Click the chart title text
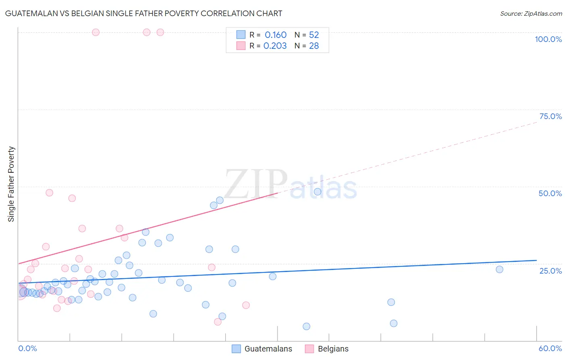pos(144,13)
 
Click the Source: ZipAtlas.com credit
pos(531,13)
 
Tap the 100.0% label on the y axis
pos(548,39)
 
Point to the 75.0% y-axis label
pos(550,116)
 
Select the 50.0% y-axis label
pos(550,193)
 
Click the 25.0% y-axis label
pos(550,271)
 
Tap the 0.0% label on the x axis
pos(27,348)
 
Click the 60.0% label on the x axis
pos(550,348)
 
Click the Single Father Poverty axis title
pos(11,184)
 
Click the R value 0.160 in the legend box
pos(275,35)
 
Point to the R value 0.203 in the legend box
pos(275,46)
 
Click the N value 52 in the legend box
pos(314,35)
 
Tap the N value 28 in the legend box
pos(314,46)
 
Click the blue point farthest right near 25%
pos(499,270)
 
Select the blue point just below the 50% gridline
pos(317,192)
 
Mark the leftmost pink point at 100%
pos(96,32)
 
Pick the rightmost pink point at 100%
pos(160,32)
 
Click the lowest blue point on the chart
pos(306,327)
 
